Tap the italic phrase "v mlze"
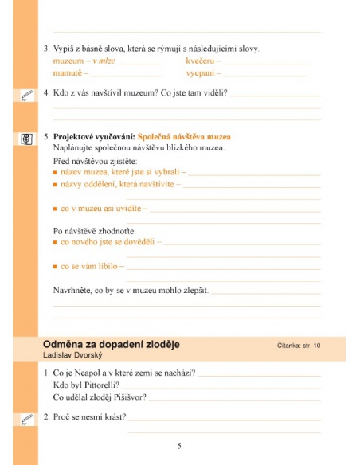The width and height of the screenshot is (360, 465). (105, 61)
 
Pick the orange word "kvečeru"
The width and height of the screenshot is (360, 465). (202, 61)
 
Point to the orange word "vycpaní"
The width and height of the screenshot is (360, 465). (201, 72)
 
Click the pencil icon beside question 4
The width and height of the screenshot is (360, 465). (26, 96)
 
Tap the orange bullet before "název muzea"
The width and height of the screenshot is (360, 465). (56, 173)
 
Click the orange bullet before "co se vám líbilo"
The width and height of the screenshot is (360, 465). (56, 267)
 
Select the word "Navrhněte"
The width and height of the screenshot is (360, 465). (74, 290)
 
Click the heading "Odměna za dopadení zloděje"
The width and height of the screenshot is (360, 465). (111, 344)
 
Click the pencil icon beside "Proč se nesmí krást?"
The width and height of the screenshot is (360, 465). (26, 418)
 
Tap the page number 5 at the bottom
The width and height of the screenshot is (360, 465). (179, 446)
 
